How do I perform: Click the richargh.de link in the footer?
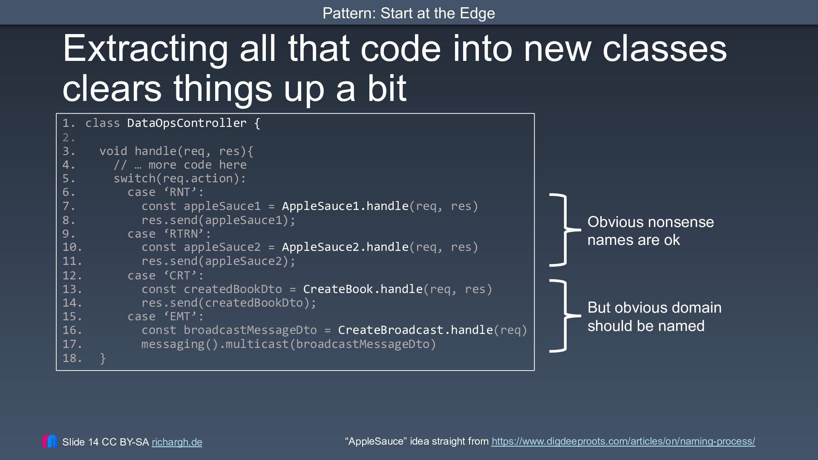point(177,442)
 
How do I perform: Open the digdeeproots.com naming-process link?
point(623,441)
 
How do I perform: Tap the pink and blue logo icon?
point(50,441)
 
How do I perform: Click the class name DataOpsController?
point(187,123)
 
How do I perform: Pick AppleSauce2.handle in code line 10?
point(345,247)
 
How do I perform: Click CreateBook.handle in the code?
point(363,289)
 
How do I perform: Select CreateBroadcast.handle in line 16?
point(415,330)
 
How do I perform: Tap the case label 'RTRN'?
point(187,234)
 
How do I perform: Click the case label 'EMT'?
point(184,316)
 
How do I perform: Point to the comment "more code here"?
point(197,165)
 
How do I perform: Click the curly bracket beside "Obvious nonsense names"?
point(565,230)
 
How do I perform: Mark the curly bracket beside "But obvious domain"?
point(565,316)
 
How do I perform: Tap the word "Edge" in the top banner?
point(477,14)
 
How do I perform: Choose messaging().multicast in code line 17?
point(215,344)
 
